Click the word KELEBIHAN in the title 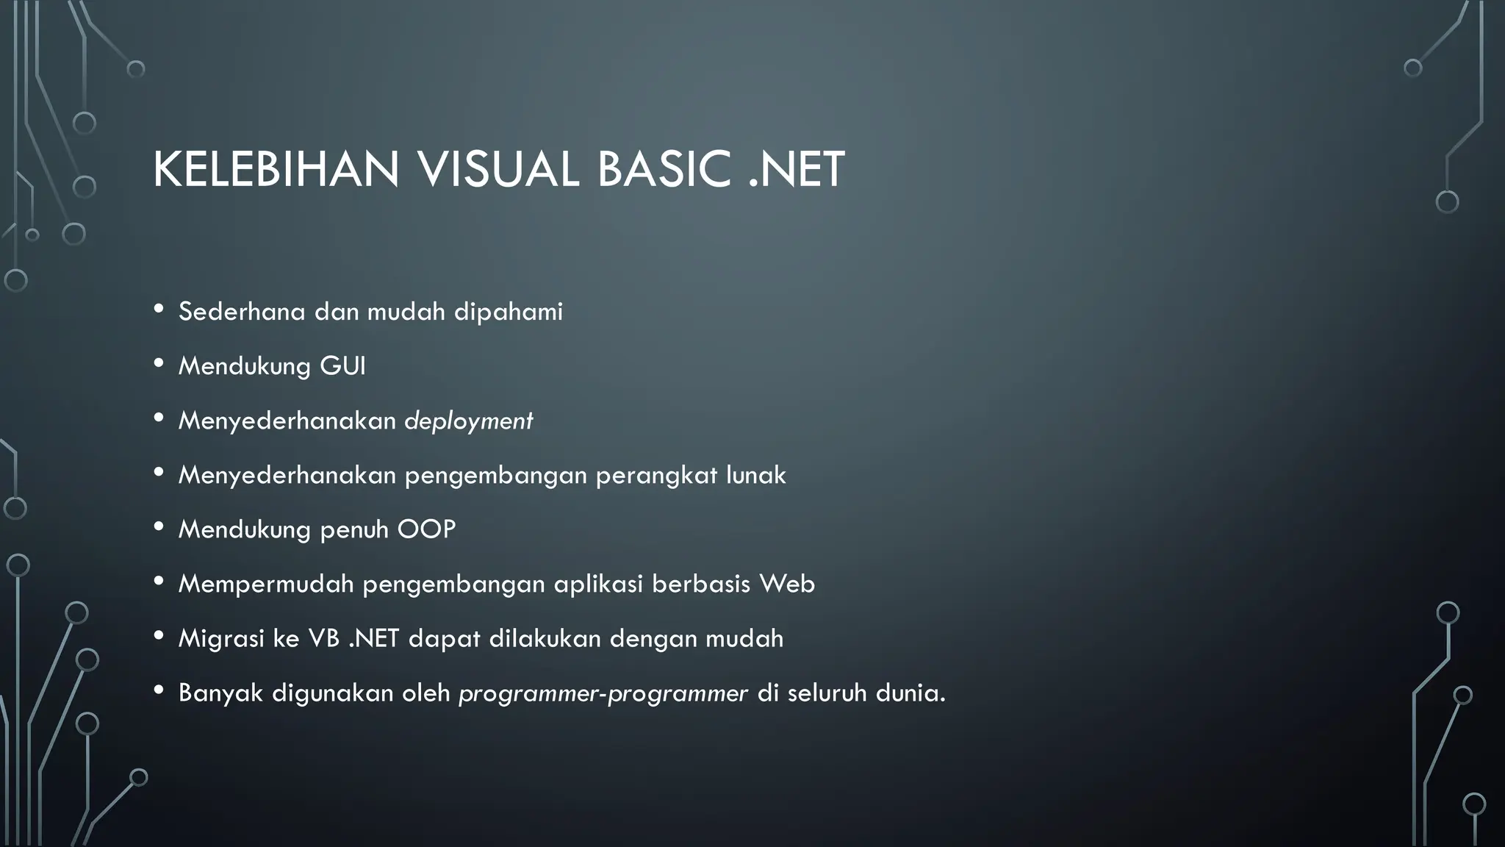click(276, 170)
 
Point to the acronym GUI click(342, 366)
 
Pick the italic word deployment click(469, 421)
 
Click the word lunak click(756, 475)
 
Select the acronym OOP click(426, 529)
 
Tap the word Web click(787, 584)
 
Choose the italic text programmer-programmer click(603, 693)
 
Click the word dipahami click(509, 312)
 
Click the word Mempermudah click(266, 585)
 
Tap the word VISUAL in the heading click(498, 170)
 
